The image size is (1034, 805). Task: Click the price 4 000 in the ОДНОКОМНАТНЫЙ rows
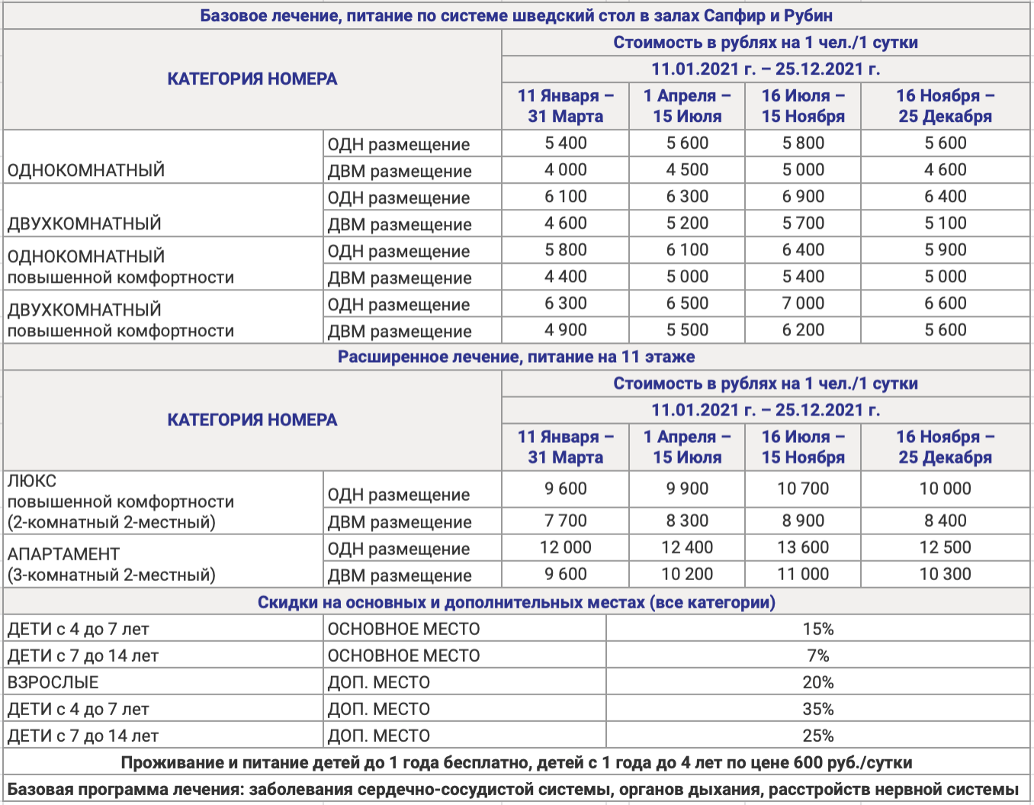(565, 170)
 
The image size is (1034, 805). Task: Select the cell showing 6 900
(803, 197)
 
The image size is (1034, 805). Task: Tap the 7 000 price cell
(803, 303)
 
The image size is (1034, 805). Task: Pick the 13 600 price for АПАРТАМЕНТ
(803, 547)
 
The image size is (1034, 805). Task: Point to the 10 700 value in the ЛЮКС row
(803, 489)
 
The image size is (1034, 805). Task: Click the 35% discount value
(817, 709)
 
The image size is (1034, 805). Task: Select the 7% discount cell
(817, 656)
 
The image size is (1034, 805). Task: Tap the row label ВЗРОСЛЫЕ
(53, 682)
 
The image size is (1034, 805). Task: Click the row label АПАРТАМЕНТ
(64, 554)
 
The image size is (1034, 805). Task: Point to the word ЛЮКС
(32, 481)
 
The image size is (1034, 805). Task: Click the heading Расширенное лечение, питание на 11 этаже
(516, 357)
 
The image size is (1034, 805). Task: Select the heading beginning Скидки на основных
(516, 602)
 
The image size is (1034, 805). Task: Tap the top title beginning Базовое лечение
(516, 16)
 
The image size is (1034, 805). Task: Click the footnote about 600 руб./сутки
(516, 762)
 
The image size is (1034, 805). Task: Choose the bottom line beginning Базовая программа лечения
(513, 789)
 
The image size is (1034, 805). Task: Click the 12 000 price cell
(565, 547)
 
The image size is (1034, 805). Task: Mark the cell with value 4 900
(565, 330)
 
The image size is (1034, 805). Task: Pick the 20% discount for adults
(817, 682)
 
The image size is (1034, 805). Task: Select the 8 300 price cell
(687, 521)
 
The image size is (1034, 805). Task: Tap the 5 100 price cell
(945, 223)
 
